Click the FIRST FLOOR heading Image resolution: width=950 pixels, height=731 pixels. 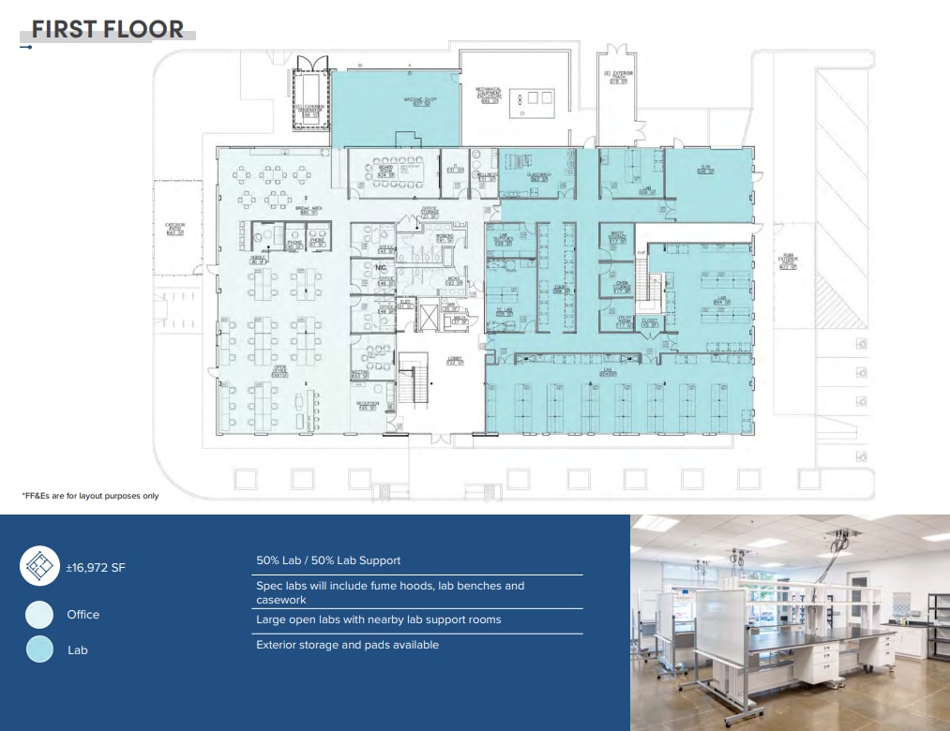(x=107, y=29)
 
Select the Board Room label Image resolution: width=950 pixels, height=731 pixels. (x=385, y=172)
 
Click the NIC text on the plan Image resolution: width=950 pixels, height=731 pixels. (x=381, y=268)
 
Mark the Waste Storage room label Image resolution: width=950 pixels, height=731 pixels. (x=617, y=238)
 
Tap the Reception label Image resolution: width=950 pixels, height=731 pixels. (x=366, y=406)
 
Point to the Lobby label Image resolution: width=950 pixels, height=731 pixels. (x=454, y=361)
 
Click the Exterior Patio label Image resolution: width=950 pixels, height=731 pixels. (x=174, y=229)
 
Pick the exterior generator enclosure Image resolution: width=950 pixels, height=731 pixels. (x=310, y=94)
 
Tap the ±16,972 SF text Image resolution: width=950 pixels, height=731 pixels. (x=95, y=567)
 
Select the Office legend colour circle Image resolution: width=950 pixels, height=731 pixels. (x=39, y=615)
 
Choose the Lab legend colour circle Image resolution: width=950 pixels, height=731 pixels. (x=39, y=649)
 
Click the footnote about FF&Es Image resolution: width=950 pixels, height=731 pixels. (x=90, y=496)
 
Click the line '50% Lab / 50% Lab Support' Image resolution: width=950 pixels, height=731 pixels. (x=328, y=560)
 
